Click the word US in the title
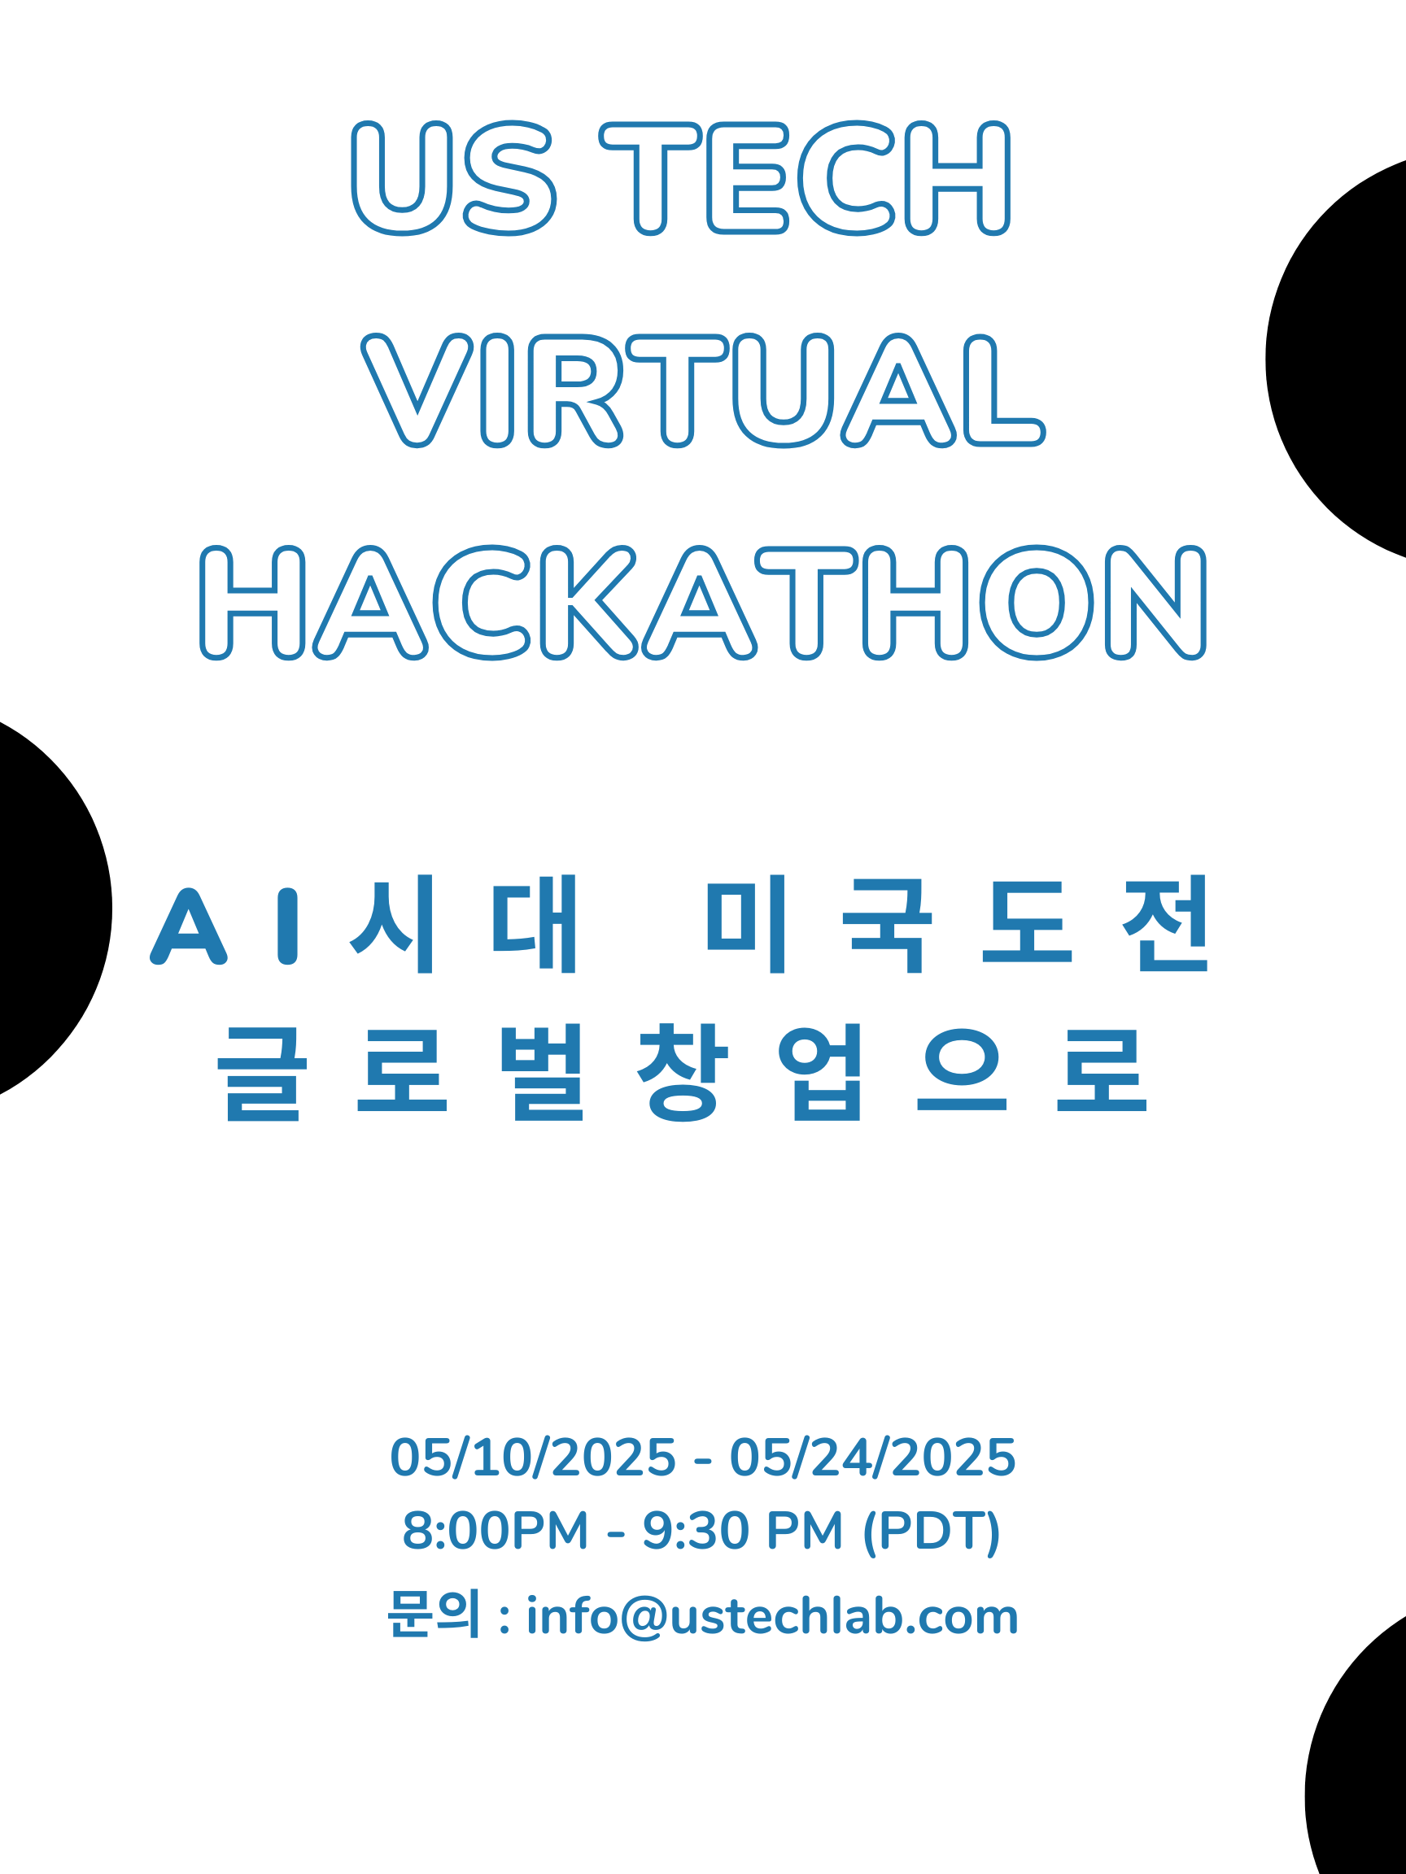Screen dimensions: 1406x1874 [x=453, y=177]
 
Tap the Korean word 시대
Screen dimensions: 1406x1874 [x=464, y=923]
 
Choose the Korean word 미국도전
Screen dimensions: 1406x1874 [x=958, y=923]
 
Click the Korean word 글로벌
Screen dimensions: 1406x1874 [x=401, y=1073]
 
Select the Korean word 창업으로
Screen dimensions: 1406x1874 [x=892, y=1073]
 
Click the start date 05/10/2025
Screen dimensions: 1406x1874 [x=533, y=1458]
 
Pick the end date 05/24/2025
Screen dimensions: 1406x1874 [x=873, y=1458]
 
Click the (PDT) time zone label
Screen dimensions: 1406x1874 [x=932, y=1532]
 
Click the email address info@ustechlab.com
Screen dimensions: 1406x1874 [x=772, y=1616]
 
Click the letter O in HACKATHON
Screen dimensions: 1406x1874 [x=1037, y=603]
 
